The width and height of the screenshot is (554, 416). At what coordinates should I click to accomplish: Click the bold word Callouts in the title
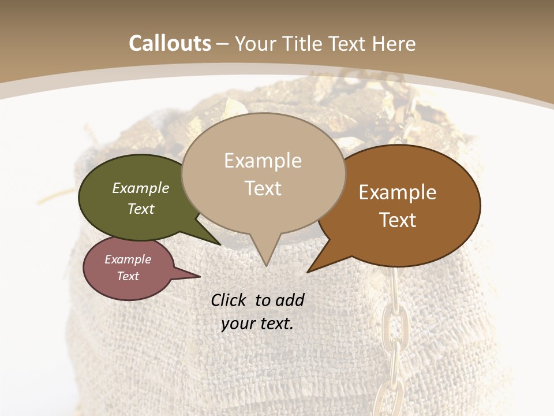point(170,43)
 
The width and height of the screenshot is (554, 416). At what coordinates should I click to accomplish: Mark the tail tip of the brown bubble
point(309,271)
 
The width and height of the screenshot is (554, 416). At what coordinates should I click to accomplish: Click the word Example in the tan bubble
point(263,161)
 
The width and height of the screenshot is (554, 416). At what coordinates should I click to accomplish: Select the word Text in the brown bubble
point(398,220)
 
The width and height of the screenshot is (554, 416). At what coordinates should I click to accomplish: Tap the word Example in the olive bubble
point(141,188)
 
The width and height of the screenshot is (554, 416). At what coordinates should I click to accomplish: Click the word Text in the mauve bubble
point(128,276)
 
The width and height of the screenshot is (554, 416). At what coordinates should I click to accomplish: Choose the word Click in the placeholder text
point(229,300)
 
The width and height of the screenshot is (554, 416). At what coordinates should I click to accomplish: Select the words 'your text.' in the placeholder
point(257,324)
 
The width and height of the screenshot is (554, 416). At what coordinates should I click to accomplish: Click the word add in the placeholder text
point(290,300)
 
